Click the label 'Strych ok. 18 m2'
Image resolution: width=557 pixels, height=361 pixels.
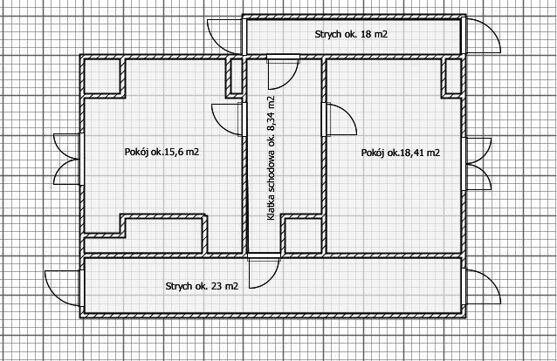351,34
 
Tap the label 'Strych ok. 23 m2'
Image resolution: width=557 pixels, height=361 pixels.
202,286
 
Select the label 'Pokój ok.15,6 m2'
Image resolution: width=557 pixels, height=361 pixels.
162,152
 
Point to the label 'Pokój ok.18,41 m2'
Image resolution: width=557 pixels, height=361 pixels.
401,153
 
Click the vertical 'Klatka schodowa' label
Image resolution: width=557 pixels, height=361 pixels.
271,158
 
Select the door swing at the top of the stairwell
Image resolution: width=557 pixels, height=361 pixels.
282,72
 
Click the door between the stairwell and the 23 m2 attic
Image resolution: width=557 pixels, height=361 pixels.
264,270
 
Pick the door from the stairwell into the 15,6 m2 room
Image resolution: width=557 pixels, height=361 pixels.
227,119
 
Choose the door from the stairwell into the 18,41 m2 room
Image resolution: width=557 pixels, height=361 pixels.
340,119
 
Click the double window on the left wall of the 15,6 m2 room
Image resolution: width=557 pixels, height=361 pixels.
67,159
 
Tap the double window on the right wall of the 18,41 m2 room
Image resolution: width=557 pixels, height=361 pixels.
477,164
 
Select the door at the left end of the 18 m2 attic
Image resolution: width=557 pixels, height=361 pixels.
225,37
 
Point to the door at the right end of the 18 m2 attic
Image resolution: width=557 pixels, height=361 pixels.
481,36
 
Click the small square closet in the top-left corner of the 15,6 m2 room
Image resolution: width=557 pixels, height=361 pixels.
102,77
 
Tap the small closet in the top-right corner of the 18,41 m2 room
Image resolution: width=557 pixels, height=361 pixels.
453,77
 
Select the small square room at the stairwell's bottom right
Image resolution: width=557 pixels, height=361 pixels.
303,235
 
